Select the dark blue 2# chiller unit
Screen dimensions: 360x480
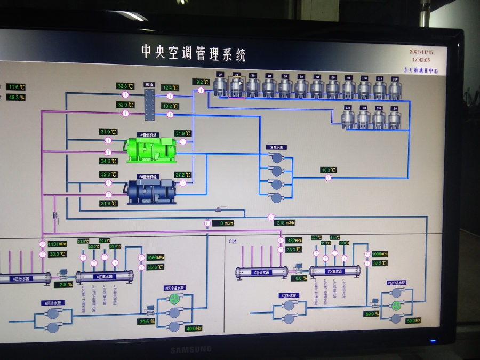click(x=151, y=191)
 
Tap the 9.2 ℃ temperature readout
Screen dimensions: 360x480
click(x=201, y=82)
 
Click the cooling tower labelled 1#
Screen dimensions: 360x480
click(x=220, y=87)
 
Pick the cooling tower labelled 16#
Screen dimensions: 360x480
click(x=394, y=119)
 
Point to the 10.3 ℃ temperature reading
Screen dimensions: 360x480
click(x=329, y=170)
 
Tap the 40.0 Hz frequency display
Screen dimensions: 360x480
click(x=191, y=328)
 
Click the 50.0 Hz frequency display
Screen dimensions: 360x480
click(x=413, y=321)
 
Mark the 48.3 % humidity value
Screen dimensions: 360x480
click(x=16, y=97)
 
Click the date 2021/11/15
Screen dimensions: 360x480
click(x=421, y=52)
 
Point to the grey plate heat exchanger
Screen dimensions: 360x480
click(x=149, y=104)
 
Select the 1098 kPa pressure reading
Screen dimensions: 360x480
click(x=379, y=254)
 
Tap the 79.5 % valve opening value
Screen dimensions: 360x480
click(x=146, y=321)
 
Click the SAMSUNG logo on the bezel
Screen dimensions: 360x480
click(x=191, y=349)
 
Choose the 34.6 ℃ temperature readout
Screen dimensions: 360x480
click(x=108, y=161)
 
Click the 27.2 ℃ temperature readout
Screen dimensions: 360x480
click(x=182, y=174)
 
